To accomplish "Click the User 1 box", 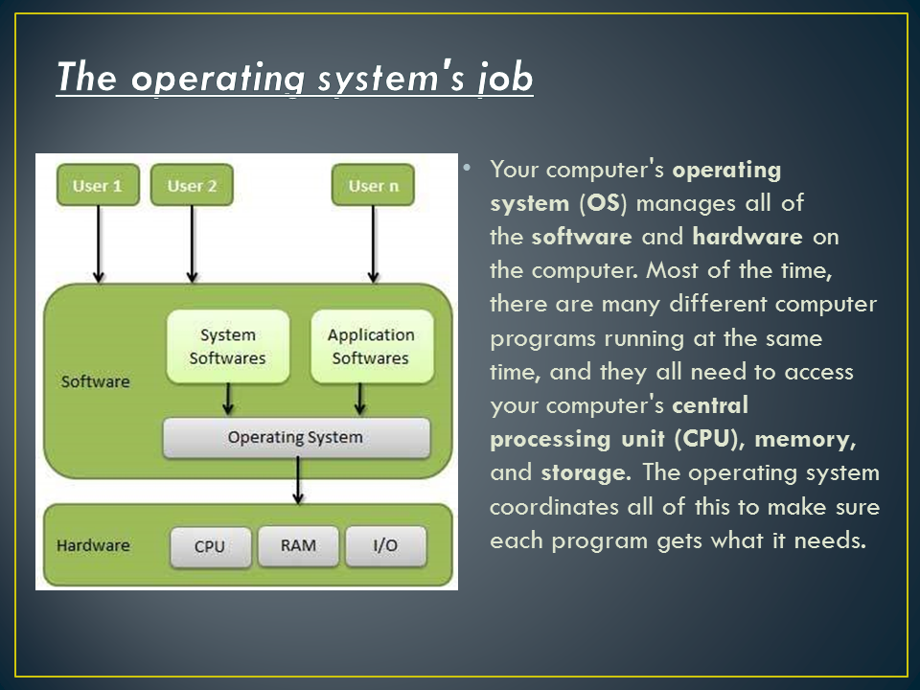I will (97, 186).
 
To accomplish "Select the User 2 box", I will (192, 186).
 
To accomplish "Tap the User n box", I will (373, 186).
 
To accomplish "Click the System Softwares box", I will (227, 347).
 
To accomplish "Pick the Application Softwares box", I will (371, 347).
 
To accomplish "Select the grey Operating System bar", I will (295, 438).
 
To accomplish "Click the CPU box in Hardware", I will (210, 546).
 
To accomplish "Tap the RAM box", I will (298, 545).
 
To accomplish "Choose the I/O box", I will (384, 546).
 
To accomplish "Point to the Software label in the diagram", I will (95, 381).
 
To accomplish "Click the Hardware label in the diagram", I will (93, 545).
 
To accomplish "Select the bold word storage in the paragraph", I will (585, 472).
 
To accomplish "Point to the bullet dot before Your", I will (467, 168).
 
